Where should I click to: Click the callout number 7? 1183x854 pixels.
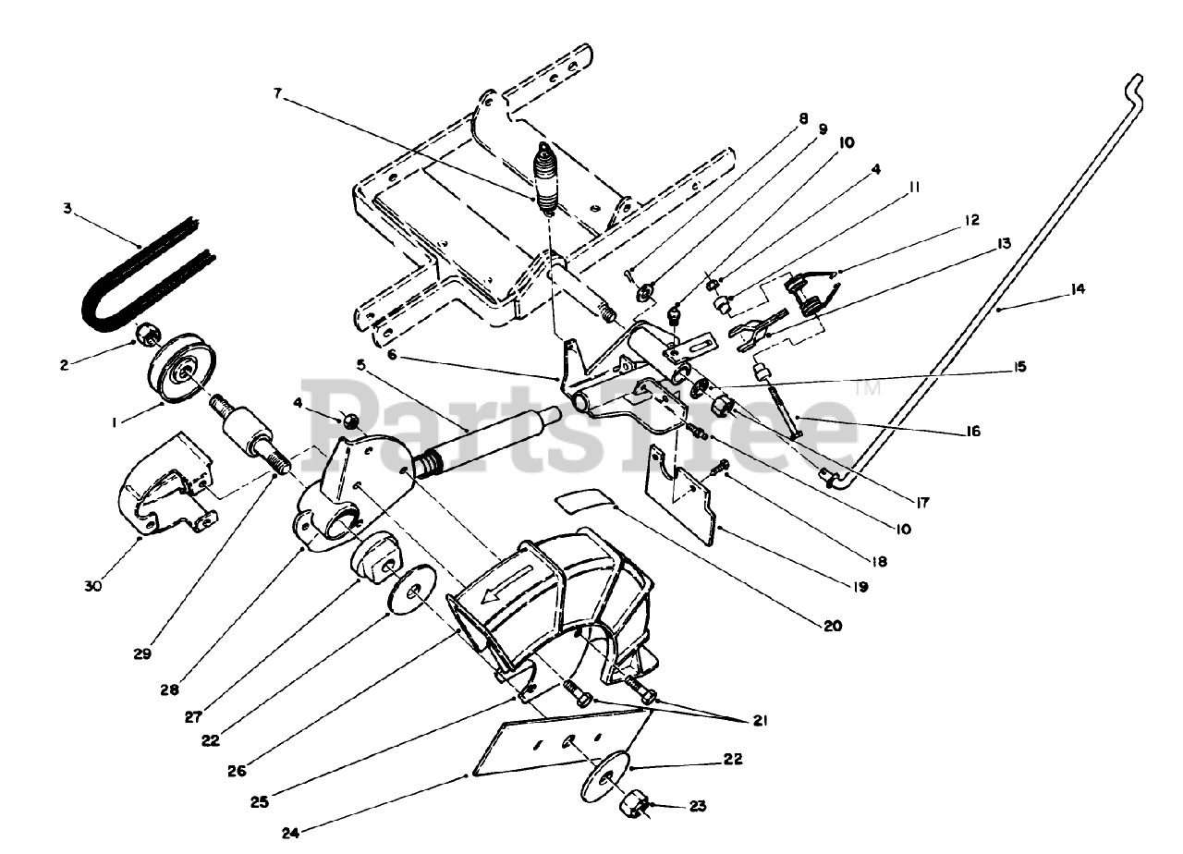click(278, 92)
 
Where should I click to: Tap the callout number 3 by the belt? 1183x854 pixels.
click(67, 209)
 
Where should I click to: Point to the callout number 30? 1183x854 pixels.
click(93, 586)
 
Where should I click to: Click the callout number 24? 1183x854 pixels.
click(291, 831)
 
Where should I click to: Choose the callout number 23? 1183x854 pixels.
click(697, 806)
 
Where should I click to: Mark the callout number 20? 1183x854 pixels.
click(833, 626)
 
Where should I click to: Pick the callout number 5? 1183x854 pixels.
click(361, 364)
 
